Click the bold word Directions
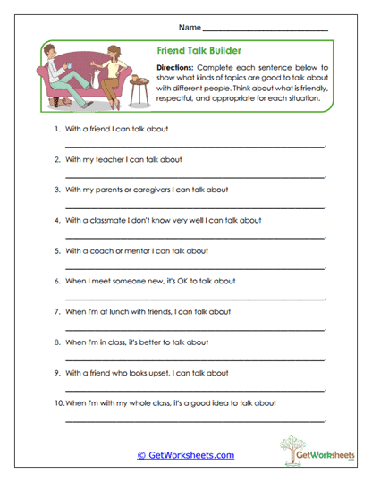[174, 68]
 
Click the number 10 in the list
[58, 402]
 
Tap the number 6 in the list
[57, 281]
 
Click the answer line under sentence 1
[194, 145]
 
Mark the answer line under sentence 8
[194, 358]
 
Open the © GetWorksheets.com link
[185, 455]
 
